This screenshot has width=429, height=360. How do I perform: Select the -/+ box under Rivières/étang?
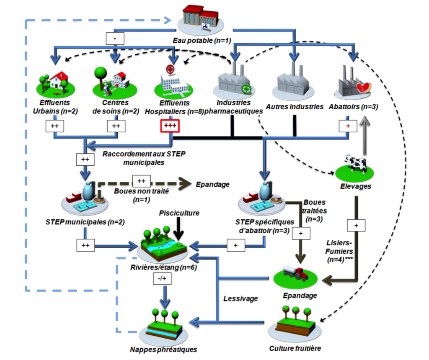click(x=163, y=278)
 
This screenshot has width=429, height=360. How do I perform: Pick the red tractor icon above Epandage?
click(x=295, y=273)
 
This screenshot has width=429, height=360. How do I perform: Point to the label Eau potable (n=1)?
click(x=202, y=41)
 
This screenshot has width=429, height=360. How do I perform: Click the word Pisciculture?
click(x=179, y=213)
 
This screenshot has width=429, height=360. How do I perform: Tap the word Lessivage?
click(x=240, y=299)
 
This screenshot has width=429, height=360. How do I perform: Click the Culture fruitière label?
click(x=295, y=348)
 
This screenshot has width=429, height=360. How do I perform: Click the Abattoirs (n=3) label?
click(x=354, y=107)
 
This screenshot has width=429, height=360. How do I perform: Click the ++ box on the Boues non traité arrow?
click(x=141, y=180)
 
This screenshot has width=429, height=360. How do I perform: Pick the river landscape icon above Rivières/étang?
click(x=165, y=244)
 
